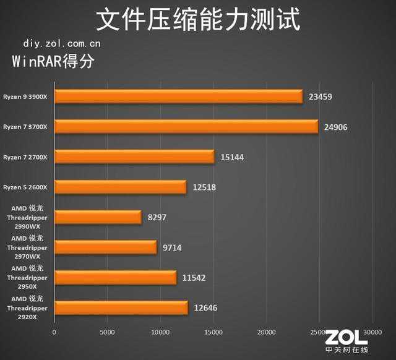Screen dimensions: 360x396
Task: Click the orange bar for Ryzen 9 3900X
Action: click(178, 97)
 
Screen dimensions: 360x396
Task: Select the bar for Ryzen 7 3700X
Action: click(186, 127)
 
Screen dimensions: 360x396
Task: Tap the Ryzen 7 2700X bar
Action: click(134, 157)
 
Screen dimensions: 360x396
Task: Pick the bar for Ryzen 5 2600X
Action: click(120, 187)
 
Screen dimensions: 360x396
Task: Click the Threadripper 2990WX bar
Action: click(98, 217)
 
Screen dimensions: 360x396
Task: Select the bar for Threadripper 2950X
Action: click(115, 278)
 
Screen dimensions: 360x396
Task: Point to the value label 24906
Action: click(338, 127)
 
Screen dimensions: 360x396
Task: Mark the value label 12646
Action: click(205, 307)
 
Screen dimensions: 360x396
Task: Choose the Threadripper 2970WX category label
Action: click(27, 247)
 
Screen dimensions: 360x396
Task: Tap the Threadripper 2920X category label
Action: click(27, 307)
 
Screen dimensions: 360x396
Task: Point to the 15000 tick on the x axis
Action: click(213, 333)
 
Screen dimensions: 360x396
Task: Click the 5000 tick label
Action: click(108, 333)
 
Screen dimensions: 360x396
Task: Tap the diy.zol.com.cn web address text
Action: click(62, 44)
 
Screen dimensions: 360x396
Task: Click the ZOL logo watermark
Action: click(346, 340)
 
